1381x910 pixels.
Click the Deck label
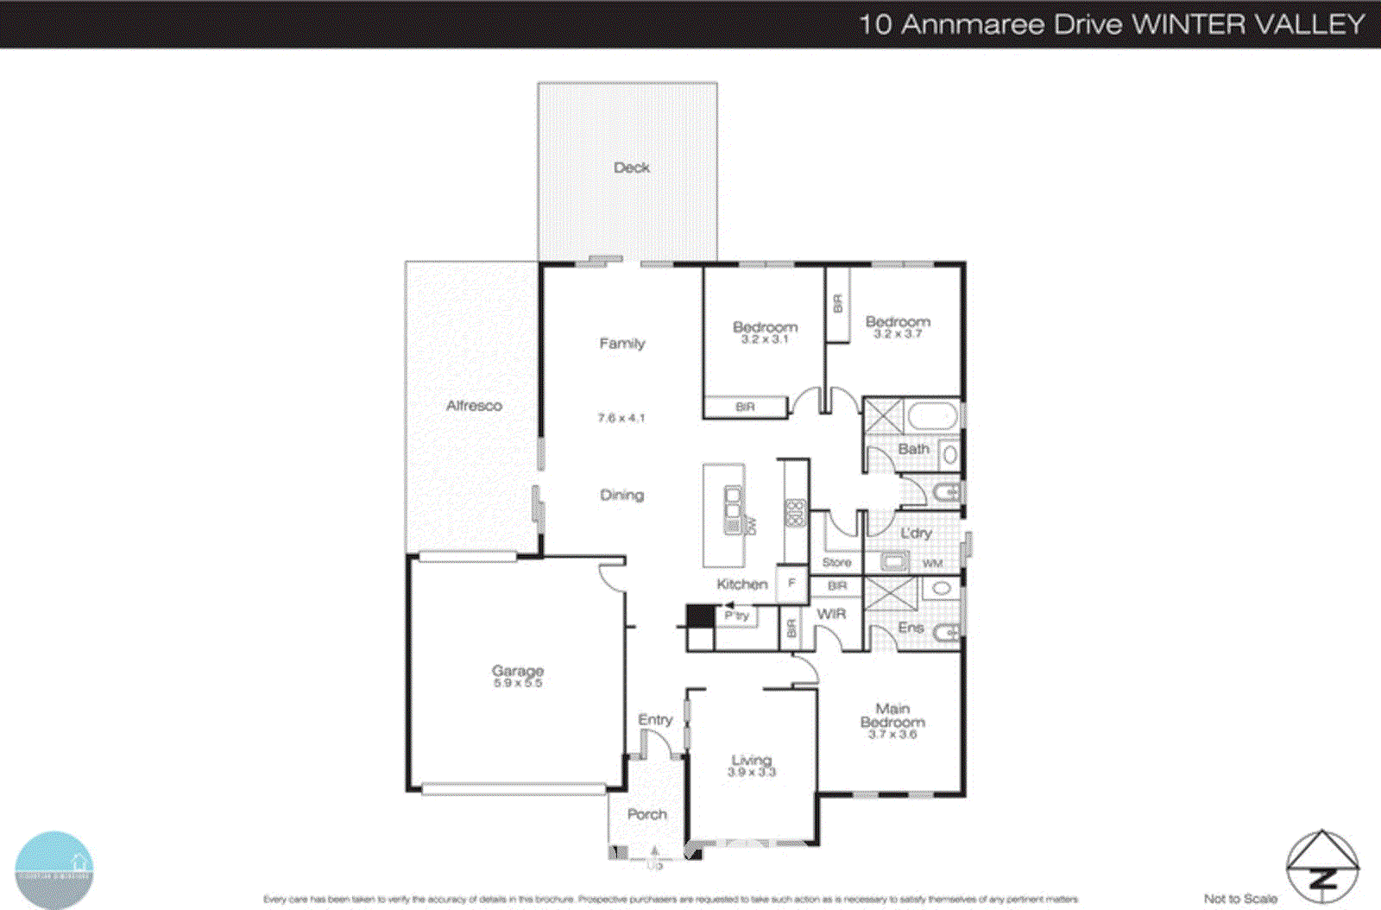click(631, 167)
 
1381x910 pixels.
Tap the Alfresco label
click(474, 406)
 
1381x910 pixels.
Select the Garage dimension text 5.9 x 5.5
click(518, 683)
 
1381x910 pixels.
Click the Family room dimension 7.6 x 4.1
click(621, 418)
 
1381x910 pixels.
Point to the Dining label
click(621, 495)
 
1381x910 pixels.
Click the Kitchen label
click(741, 585)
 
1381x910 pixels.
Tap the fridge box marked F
click(791, 584)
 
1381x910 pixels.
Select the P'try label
click(736, 616)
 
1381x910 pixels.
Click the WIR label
click(831, 614)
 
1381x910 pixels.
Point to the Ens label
click(911, 628)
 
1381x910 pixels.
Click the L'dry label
click(916, 534)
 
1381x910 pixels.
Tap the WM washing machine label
click(932, 564)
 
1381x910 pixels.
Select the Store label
click(836, 562)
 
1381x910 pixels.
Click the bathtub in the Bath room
click(932, 417)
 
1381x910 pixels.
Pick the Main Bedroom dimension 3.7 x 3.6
click(892, 735)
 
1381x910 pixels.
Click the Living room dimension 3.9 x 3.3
click(752, 772)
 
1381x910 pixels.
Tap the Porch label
click(646, 814)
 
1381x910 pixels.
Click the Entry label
click(655, 719)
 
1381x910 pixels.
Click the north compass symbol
click(1322, 866)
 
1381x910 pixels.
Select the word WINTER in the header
click(1187, 24)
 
